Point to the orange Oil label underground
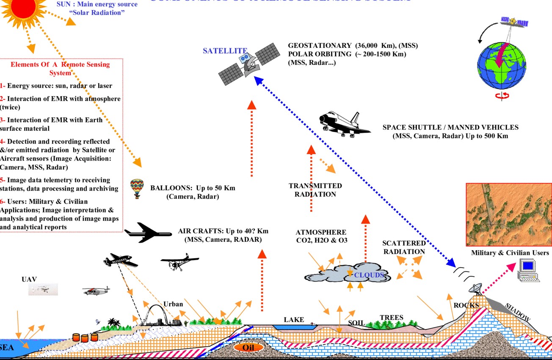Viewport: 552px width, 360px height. (247, 347)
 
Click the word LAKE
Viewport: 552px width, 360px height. (294, 319)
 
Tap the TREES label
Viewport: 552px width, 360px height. (391, 318)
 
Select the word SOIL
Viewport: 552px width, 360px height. (356, 323)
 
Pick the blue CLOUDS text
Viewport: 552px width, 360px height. (369, 275)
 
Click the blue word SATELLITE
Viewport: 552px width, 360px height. (225, 51)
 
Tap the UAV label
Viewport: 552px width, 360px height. (29, 279)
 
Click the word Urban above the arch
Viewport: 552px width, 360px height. (173, 304)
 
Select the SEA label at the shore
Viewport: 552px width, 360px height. (7, 348)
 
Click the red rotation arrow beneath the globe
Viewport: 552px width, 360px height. (502, 96)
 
